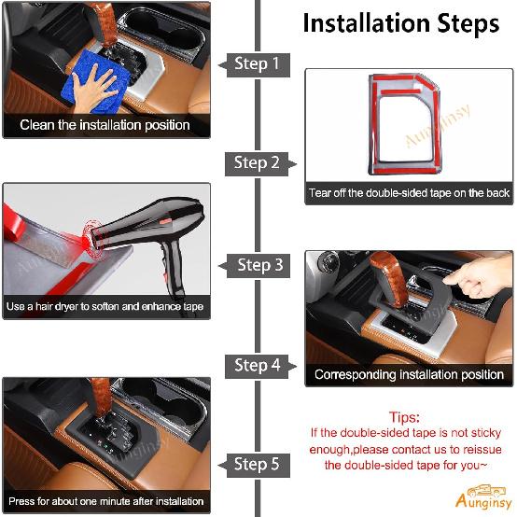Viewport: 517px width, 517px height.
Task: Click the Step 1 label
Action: [257, 64]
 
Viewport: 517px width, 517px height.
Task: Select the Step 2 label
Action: [257, 163]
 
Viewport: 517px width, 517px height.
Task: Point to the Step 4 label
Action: [257, 365]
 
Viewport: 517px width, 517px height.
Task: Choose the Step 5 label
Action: [257, 464]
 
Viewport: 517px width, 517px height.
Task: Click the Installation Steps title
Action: [400, 23]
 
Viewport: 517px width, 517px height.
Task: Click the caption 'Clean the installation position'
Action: [105, 124]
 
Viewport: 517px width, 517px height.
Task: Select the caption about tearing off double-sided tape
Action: [409, 193]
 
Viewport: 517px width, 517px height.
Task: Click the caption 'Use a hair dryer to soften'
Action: [105, 306]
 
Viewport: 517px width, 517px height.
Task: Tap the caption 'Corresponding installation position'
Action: [409, 374]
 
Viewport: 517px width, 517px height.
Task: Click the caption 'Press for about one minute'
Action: [105, 501]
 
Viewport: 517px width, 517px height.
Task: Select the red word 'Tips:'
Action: [404, 417]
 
